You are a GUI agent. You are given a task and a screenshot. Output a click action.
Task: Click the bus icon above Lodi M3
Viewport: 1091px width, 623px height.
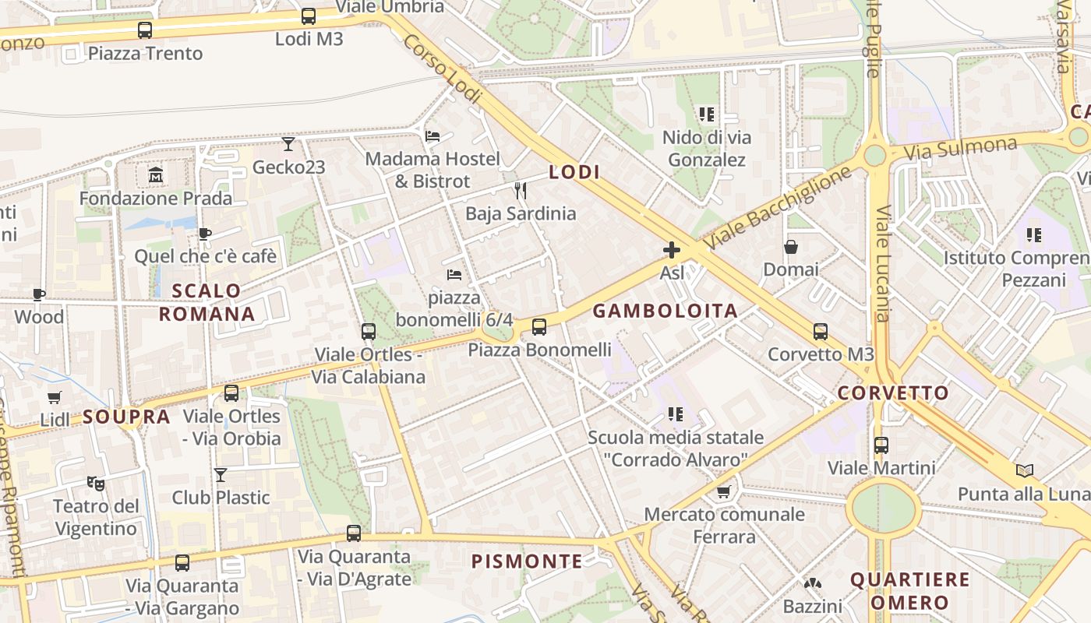(309, 16)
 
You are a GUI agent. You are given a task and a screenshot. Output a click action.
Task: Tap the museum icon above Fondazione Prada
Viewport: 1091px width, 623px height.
(156, 175)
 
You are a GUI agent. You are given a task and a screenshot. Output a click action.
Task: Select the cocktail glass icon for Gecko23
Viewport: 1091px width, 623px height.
(288, 144)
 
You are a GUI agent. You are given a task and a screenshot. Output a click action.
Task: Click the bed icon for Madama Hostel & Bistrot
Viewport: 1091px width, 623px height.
(433, 136)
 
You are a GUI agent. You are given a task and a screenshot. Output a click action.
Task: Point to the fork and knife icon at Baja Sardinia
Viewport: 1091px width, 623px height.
(521, 190)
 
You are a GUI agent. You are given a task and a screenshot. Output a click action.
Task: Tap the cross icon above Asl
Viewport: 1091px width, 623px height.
(672, 250)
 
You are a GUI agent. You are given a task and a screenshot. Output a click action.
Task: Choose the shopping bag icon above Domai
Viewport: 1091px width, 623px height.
(791, 247)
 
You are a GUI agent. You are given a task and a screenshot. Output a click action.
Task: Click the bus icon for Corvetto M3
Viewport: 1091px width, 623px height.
(821, 332)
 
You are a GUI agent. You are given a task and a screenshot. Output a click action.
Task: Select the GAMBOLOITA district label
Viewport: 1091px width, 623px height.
(665, 311)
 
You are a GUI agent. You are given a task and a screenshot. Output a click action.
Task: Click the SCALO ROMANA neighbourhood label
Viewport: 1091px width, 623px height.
(207, 302)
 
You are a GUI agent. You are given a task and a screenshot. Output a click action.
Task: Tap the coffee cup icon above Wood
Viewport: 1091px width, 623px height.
(39, 294)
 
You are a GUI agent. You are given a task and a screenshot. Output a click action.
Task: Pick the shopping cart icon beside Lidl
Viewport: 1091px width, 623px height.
(55, 398)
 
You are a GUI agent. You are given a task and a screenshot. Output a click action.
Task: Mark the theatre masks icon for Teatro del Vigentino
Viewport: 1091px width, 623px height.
(96, 484)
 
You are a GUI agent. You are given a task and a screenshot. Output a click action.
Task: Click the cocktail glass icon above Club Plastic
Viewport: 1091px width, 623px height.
(221, 474)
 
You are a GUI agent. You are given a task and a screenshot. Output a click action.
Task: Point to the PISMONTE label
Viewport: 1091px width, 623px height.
(527, 561)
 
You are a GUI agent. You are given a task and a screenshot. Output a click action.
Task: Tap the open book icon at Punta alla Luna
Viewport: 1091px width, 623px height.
(1025, 470)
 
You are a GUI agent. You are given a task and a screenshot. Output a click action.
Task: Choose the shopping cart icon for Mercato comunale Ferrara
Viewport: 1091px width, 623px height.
(724, 491)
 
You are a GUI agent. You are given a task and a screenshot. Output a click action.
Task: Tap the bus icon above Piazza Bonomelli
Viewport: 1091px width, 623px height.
(539, 327)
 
